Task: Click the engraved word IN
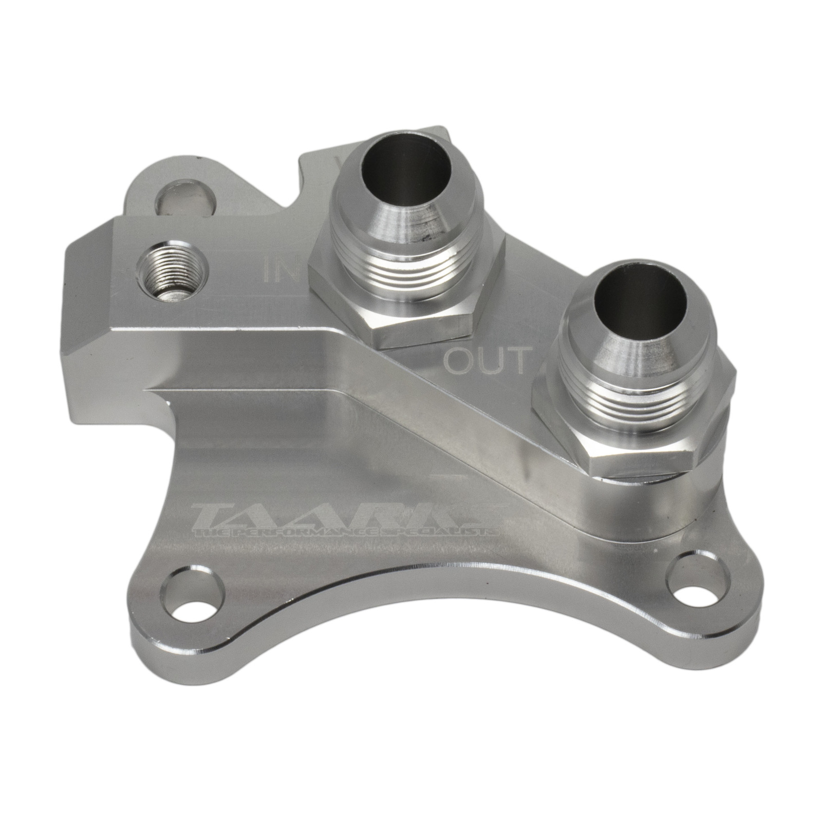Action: point(280,269)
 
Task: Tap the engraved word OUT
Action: point(485,361)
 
